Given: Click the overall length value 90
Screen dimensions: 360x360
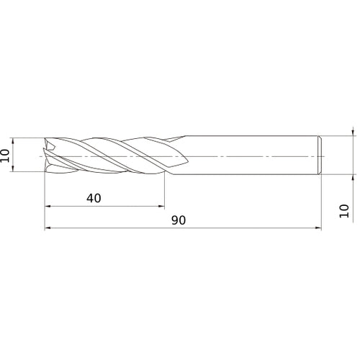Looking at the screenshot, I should tap(179, 220).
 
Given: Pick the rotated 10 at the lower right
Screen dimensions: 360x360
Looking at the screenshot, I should tap(344, 210).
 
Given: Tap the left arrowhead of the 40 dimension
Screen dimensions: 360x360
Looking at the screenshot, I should tap(48, 207).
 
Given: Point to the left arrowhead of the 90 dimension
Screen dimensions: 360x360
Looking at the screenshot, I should tap(48, 228).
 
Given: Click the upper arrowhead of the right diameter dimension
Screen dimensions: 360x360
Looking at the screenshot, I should tap(353, 132).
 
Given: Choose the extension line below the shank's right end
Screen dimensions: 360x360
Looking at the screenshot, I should tap(320, 202).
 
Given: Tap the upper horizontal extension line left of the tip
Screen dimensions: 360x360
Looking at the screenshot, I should tap(29, 138).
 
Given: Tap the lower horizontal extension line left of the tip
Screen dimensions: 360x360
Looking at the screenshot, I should tap(29, 174).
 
